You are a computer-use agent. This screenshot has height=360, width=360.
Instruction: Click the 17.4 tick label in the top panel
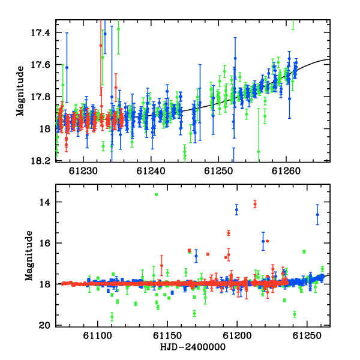tap(40, 33)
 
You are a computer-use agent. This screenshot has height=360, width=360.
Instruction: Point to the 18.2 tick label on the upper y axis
tap(40, 161)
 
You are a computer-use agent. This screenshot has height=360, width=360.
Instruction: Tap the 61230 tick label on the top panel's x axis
tap(83, 171)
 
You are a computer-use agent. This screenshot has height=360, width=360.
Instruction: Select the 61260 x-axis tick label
tap(286, 171)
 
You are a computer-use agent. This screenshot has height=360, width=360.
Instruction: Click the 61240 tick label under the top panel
tap(151, 171)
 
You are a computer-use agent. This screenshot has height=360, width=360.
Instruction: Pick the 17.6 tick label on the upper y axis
tap(40, 65)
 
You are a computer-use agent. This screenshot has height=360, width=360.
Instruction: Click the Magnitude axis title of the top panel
tap(20, 91)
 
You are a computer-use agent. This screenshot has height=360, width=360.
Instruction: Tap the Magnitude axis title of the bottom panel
tap(29, 256)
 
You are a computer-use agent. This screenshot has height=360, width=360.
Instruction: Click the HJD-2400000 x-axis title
tap(193, 347)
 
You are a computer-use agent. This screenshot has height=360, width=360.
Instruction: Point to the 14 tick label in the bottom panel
tap(44, 202)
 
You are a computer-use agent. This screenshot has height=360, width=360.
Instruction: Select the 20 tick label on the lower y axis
tap(44, 325)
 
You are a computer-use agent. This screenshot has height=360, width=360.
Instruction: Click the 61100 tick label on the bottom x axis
tap(98, 336)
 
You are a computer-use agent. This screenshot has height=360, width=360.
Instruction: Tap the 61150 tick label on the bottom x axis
tap(167, 336)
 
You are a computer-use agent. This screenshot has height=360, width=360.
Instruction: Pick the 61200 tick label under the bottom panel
tap(237, 336)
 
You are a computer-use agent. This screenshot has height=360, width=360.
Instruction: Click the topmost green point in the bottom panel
tap(157, 194)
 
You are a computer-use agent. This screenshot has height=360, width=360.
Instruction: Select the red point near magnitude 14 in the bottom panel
tap(255, 204)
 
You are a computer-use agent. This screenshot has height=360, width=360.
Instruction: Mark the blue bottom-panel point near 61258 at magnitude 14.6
tap(317, 215)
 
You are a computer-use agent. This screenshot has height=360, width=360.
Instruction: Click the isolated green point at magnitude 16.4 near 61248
tap(304, 251)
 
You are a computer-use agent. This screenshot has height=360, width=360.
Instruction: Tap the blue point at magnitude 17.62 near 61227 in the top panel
tap(67, 67)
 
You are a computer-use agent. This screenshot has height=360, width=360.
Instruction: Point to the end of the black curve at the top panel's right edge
tap(330, 59)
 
